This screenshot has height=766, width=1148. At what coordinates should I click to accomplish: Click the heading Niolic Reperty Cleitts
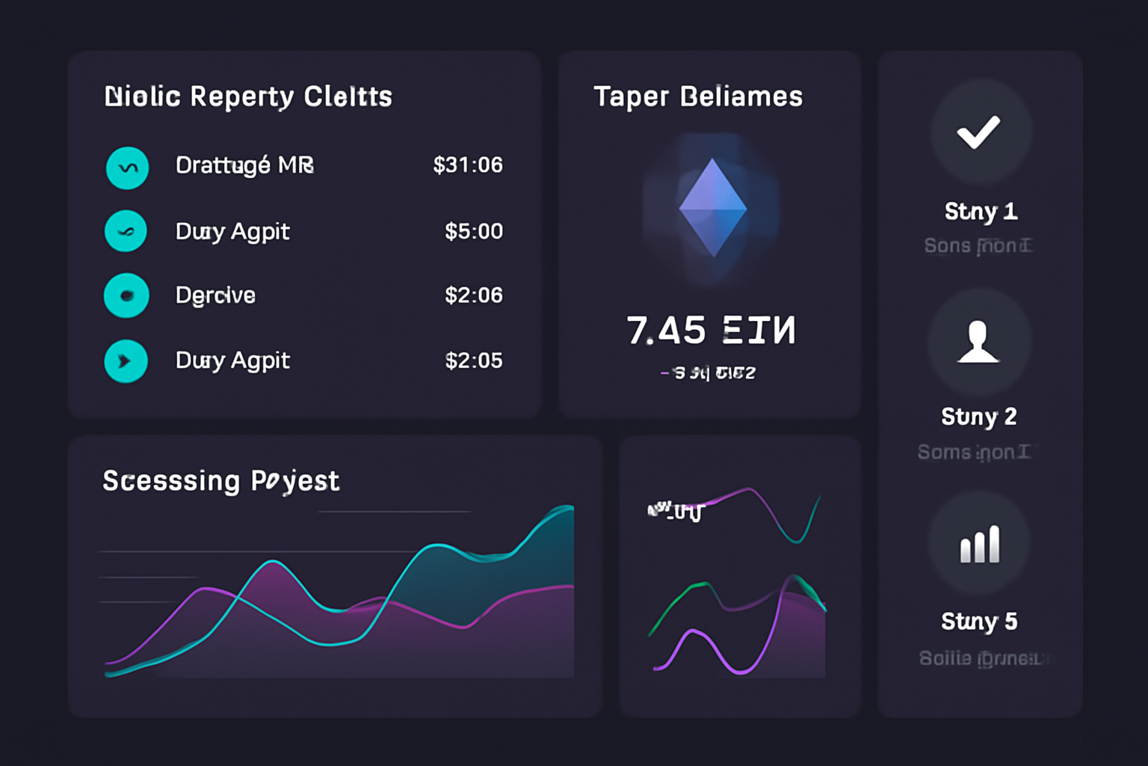(x=248, y=96)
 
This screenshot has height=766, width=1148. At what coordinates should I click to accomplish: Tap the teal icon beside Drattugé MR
(x=127, y=168)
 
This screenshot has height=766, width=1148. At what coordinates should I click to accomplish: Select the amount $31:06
(x=468, y=165)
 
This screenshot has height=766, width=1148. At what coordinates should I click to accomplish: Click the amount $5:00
(x=473, y=231)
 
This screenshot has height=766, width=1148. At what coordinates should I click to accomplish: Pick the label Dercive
(x=215, y=295)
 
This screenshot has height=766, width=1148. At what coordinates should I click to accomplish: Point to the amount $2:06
(x=473, y=295)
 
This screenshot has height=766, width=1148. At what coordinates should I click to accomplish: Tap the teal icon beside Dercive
(x=126, y=295)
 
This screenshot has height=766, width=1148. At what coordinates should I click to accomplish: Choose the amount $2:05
(x=473, y=361)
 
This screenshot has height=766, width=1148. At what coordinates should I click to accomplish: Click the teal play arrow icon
(x=126, y=361)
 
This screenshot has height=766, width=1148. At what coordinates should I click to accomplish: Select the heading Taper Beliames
(x=698, y=96)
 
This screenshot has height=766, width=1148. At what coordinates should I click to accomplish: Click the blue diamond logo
(x=712, y=207)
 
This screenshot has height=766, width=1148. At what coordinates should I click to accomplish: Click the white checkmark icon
(x=978, y=132)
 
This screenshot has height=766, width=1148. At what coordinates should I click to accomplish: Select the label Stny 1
(x=981, y=212)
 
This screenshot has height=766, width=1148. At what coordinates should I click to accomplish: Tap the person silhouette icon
(x=978, y=342)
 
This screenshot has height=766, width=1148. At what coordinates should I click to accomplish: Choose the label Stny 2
(x=978, y=417)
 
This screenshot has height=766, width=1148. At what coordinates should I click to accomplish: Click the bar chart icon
(x=979, y=544)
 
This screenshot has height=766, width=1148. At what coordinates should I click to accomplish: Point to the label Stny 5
(x=978, y=622)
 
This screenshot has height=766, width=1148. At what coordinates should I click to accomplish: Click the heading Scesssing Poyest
(x=221, y=481)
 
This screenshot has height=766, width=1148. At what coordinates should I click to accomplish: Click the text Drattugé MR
(x=244, y=165)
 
